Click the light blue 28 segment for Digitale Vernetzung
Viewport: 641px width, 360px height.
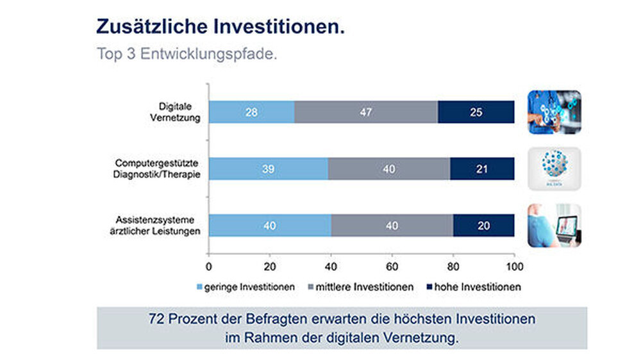pyautogui.click(x=251, y=112)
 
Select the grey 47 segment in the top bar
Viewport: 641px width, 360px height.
pyautogui.click(x=366, y=112)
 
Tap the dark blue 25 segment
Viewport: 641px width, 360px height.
pyautogui.click(x=476, y=112)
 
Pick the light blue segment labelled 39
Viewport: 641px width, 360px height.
pyautogui.click(x=268, y=168)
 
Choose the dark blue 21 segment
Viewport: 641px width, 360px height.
pyautogui.click(x=482, y=168)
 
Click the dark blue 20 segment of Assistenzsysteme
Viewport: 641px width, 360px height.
pyautogui.click(x=483, y=225)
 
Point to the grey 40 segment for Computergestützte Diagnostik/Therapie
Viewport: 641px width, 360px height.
pyautogui.click(x=389, y=168)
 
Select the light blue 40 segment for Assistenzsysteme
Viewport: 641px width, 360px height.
pyautogui.click(x=270, y=225)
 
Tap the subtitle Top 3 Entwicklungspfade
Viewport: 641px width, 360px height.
pyautogui.click(x=187, y=53)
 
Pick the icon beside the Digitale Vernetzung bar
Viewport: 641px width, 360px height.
pyautogui.click(x=554, y=112)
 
